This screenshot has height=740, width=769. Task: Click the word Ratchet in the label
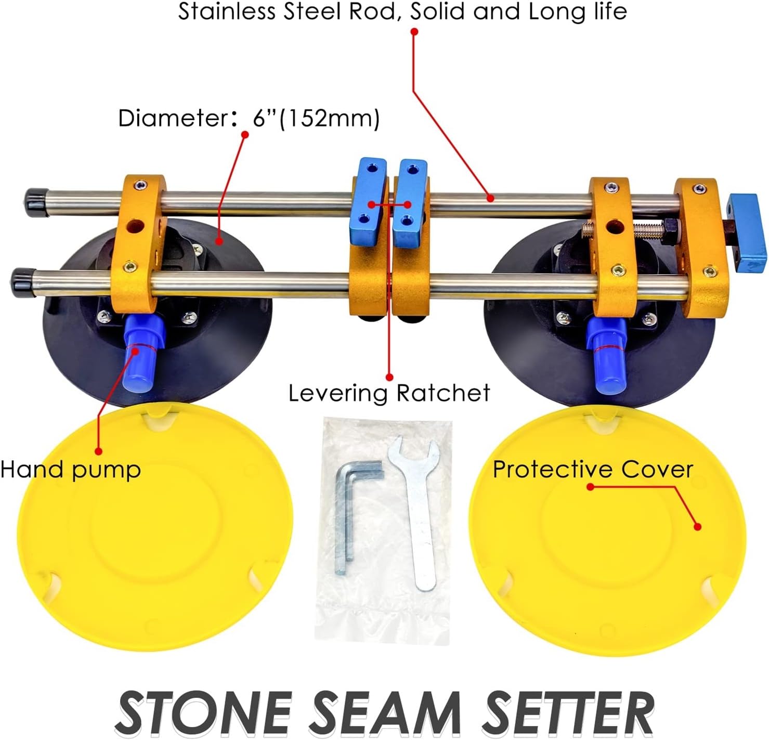tap(441, 393)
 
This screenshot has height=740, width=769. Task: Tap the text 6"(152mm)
tap(316, 119)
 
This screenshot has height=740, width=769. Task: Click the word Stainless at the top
tap(227, 11)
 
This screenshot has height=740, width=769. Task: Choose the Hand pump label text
tap(70, 470)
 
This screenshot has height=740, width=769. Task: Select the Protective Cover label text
tap(593, 470)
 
